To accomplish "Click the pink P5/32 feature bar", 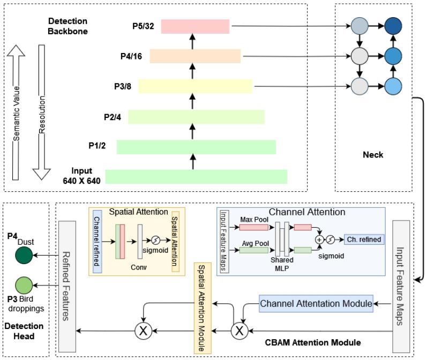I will pos(195,26).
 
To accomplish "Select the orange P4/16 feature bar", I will pos(196,56).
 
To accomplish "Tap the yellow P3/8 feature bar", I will pos(196,86).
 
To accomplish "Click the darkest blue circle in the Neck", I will pos(393,25).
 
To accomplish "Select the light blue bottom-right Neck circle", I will pos(393,85).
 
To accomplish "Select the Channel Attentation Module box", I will pos(316,304).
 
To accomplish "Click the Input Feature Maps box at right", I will pos(403,279).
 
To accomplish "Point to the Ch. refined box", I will pos(364,239).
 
